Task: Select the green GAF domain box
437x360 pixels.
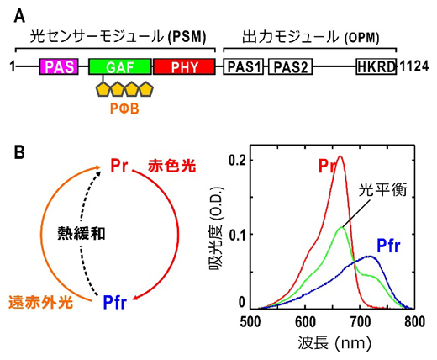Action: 119,67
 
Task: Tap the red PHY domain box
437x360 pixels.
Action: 183,67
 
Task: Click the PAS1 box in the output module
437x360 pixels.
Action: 243,67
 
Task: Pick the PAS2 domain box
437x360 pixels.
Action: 290,67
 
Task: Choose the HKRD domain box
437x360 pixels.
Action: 376,67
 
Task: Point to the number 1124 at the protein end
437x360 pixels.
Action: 415,67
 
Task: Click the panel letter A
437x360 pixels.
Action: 18,12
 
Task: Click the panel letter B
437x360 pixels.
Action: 18,153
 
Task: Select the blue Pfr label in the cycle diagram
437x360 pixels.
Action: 120,301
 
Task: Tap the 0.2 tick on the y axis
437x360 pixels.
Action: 240,159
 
